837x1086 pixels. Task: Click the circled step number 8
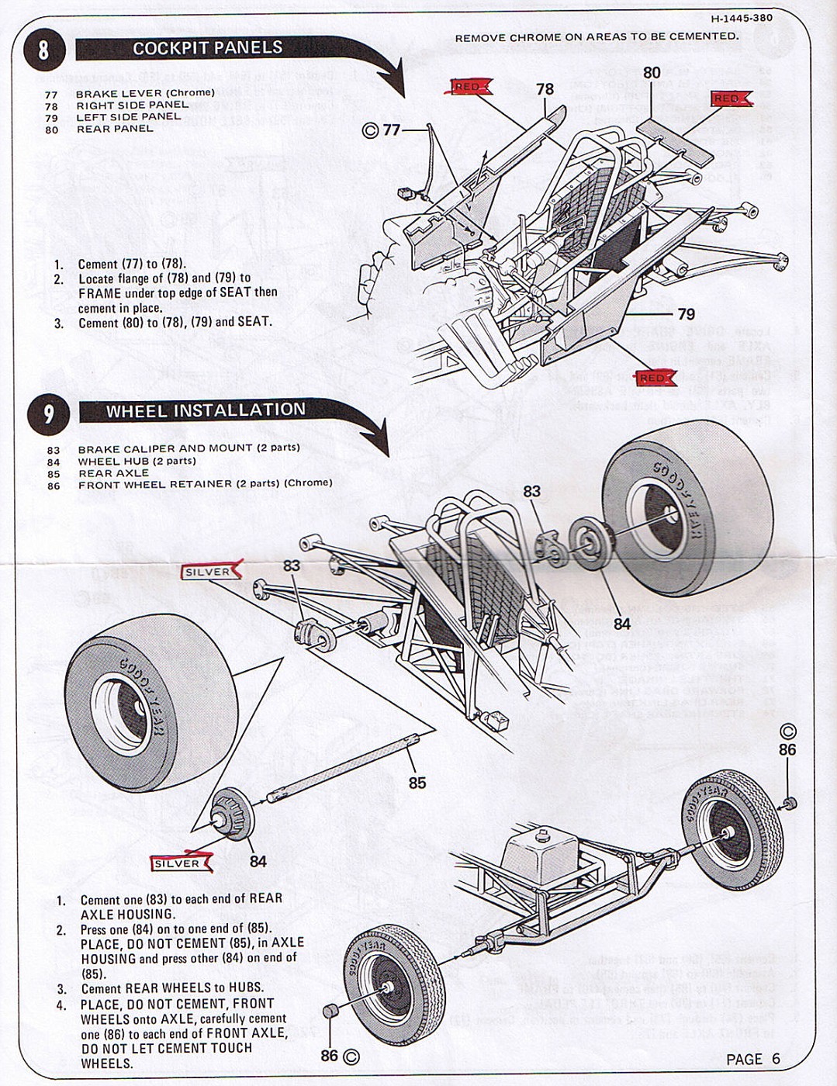click(43, 50)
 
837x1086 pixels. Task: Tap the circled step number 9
click(48, 413)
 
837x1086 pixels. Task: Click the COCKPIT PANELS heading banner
click(208, 48)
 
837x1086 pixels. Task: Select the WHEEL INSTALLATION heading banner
click(206, 410)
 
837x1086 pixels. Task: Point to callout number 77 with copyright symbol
click(382, 130)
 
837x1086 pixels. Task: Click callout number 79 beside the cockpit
click(686, 314)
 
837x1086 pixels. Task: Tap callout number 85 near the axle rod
click(417, 783)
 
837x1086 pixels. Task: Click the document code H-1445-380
click(741, 18)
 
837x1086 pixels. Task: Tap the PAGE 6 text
click(752, 1060)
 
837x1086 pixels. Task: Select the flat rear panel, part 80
click(674, 140)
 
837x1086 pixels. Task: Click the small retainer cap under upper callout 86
click(790, 803)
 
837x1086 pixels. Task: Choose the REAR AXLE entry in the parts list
click(113, 473)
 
